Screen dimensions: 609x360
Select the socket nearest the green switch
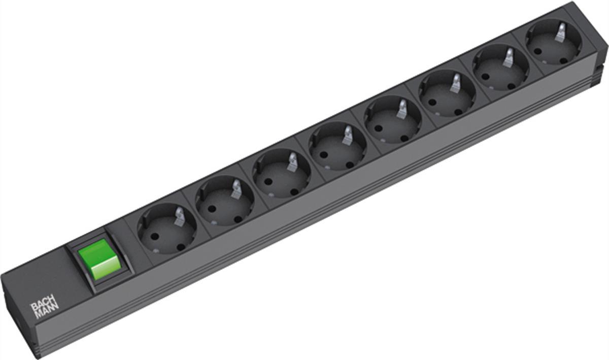pos(166,228)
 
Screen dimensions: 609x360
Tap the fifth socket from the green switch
pos(393,120)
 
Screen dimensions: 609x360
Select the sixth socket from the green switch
pos(447,94)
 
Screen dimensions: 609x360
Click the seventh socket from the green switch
pos(501,68)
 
